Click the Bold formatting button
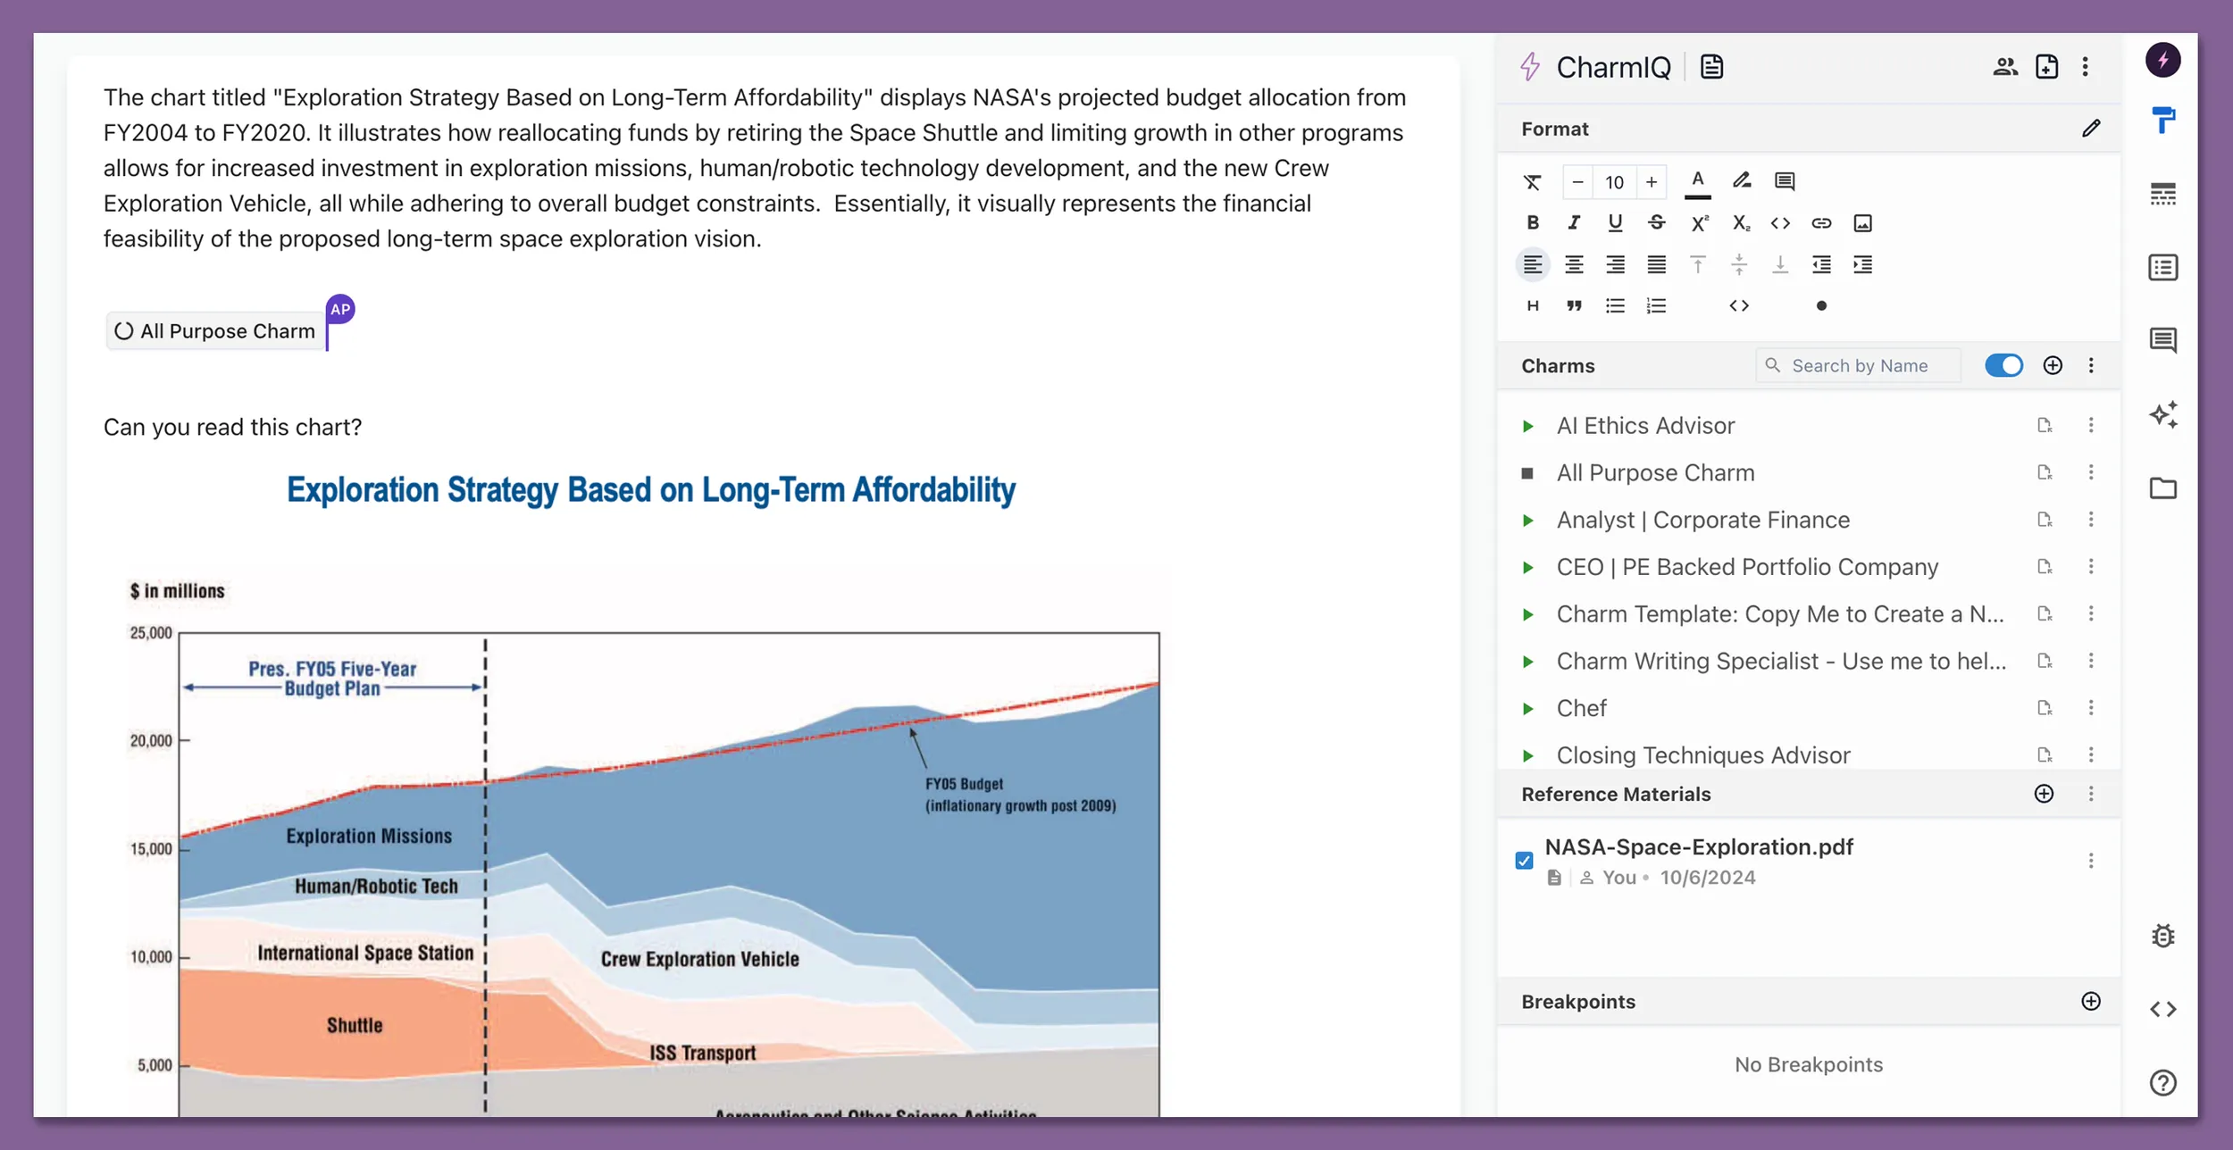pos(1533,223)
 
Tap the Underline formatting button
pos(1615,223)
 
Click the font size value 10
pos(1614,182)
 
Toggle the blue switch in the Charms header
pos(2003,366)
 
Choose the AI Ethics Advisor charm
pos(1645,426)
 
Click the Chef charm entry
pos(1581,708)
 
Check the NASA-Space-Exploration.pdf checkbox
pos(1525,861)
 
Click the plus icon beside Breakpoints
pos(2090,1001)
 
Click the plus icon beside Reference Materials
pos(2044,794)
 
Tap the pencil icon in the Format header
pos(2091,129)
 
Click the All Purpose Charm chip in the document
pos(216,331)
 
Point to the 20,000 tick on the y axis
pos(152,741)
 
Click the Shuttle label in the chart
pos(355,1025)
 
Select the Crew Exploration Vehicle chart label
pos(699,959)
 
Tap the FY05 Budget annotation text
pos(964,784)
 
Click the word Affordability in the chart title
pos(933,490)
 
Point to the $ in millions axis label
pos(177,591)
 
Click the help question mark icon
pos(2162,1083)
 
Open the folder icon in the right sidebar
pos(2162,488)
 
